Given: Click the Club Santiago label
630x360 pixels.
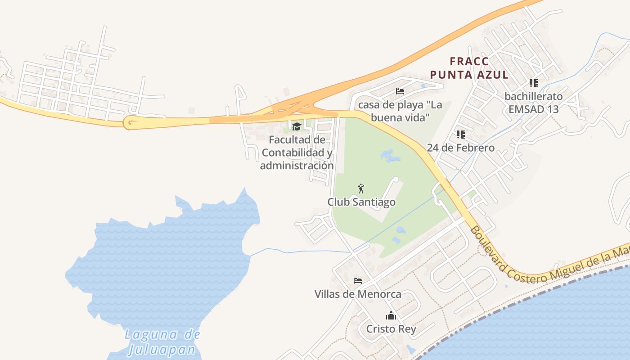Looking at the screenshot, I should click(361, 202).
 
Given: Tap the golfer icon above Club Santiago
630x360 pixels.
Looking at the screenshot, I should click(360, 189).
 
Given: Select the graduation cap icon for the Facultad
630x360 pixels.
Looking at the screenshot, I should click(297, 126).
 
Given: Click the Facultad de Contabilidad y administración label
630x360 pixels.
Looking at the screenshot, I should click(297, 153).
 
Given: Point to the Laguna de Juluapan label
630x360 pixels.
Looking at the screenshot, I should click(162, 342).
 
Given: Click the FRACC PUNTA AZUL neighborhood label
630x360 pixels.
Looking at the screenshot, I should click(469, 68).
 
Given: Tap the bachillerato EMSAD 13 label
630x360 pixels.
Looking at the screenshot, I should click(533, 103).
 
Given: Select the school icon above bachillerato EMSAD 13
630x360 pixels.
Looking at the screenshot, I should click(534, 83).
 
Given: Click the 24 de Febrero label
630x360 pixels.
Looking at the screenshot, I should click(460, 148).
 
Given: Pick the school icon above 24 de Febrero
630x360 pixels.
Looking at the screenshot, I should click(460, 134).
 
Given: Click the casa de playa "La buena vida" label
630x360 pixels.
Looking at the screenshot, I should click(400, 111).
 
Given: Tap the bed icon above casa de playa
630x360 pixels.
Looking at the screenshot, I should click(400, 91).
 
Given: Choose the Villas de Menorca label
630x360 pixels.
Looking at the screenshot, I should click(358, 294).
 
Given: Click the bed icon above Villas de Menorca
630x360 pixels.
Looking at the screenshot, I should click(358, 281).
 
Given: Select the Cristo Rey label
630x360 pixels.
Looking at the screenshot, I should click(391, 329).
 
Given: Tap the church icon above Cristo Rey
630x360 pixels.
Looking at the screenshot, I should click(391, 315).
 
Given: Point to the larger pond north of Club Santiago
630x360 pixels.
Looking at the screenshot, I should click(390, 156).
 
